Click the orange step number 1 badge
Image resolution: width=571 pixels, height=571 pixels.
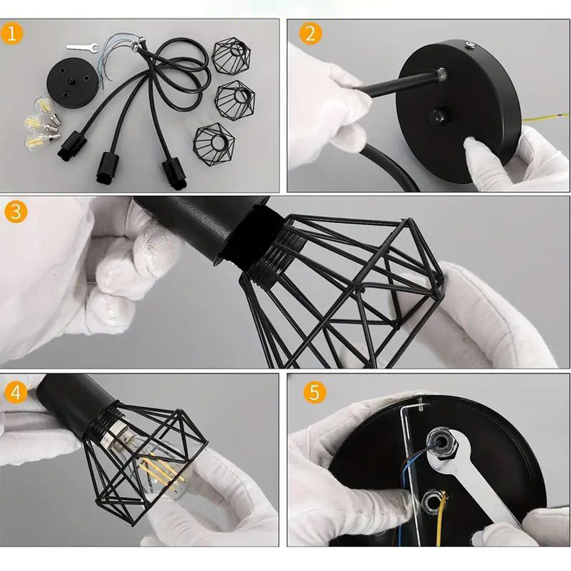(x=11, y=33)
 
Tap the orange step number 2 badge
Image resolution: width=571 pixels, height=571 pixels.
(x=310, y=34)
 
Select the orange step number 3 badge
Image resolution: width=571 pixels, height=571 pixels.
(x=16, y=212)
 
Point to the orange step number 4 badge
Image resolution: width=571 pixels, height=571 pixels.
(x=16, y=393)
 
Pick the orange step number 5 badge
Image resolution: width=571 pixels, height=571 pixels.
(x=315, y=393)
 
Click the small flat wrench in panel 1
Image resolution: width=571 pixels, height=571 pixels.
(x=82, y=47)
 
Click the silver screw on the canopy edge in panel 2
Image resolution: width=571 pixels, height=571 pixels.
(x=470, y=46)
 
